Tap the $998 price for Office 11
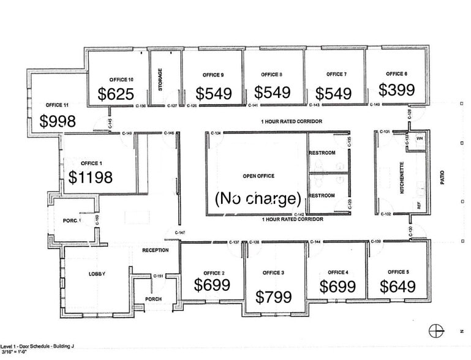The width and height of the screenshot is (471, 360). pyautogui.click(x=58, y=121)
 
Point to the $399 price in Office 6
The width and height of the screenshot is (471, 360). pyautogui.click(x=396, y=90)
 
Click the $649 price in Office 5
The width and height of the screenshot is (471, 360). pyautogui.click(x=398, y=286)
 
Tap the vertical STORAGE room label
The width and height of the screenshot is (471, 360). pyautogui.click(x=160, y=80)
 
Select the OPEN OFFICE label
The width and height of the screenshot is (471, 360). pyautogui.click(x=258, y=176)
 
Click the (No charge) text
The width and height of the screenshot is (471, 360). pyautogui.click(x=257, y=198)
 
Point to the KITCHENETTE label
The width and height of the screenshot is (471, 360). pyautogui.click(x=402, y=178)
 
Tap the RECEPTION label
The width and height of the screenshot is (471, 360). pyautogui.click(x=155, y=250)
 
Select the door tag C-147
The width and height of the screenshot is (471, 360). pyautogui.click(x=179, y=233)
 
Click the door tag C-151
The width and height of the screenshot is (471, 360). pyautogui.click(x=158, y=276)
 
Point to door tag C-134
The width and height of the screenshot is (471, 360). pyautogui.click(x=216, y=133)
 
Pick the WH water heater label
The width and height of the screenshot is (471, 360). pyautogui.click(x=420, y=138)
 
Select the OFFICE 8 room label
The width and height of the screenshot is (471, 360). pyautogui.click(x=271, y=75)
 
